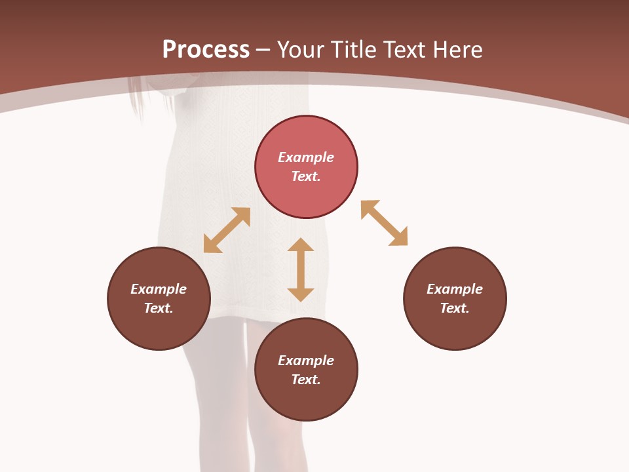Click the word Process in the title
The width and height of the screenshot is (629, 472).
pos(206,50)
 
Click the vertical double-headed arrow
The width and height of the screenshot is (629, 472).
pos(301,269)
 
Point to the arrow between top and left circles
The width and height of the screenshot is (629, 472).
pos(227,230)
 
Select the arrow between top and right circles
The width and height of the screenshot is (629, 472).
pos(384,223)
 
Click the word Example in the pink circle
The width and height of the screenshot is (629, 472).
pos(306,157)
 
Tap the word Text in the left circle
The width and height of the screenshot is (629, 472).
pos(159,308)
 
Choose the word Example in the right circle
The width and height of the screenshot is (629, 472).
pos(455,289)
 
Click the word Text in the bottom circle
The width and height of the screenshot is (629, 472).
pos(305,380)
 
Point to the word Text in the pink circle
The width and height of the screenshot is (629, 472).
pos(305,176)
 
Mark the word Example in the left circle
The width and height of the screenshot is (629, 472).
pos(159,289)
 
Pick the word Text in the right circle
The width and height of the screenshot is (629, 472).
pos(454,308)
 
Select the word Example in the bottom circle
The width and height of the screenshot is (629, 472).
pos(306,361)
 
